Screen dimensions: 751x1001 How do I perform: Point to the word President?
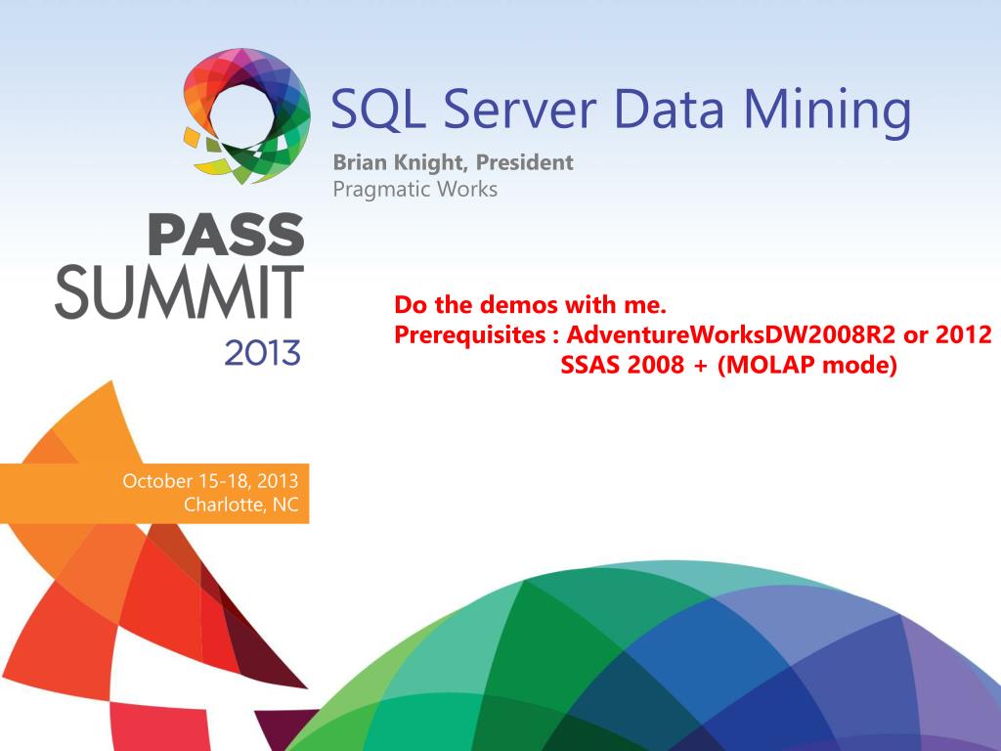pyautogui.click(x=524, y=163)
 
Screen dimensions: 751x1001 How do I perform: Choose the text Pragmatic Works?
pyautogui.click(x=414, y=189)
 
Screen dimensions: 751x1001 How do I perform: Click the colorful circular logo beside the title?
pyautogui.click(x=246, y=115)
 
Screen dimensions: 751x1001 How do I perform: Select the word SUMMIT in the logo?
pyautogui.click(x=180, y=290)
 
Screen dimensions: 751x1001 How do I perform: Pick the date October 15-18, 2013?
pyautogui.click(x=210, y=481)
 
